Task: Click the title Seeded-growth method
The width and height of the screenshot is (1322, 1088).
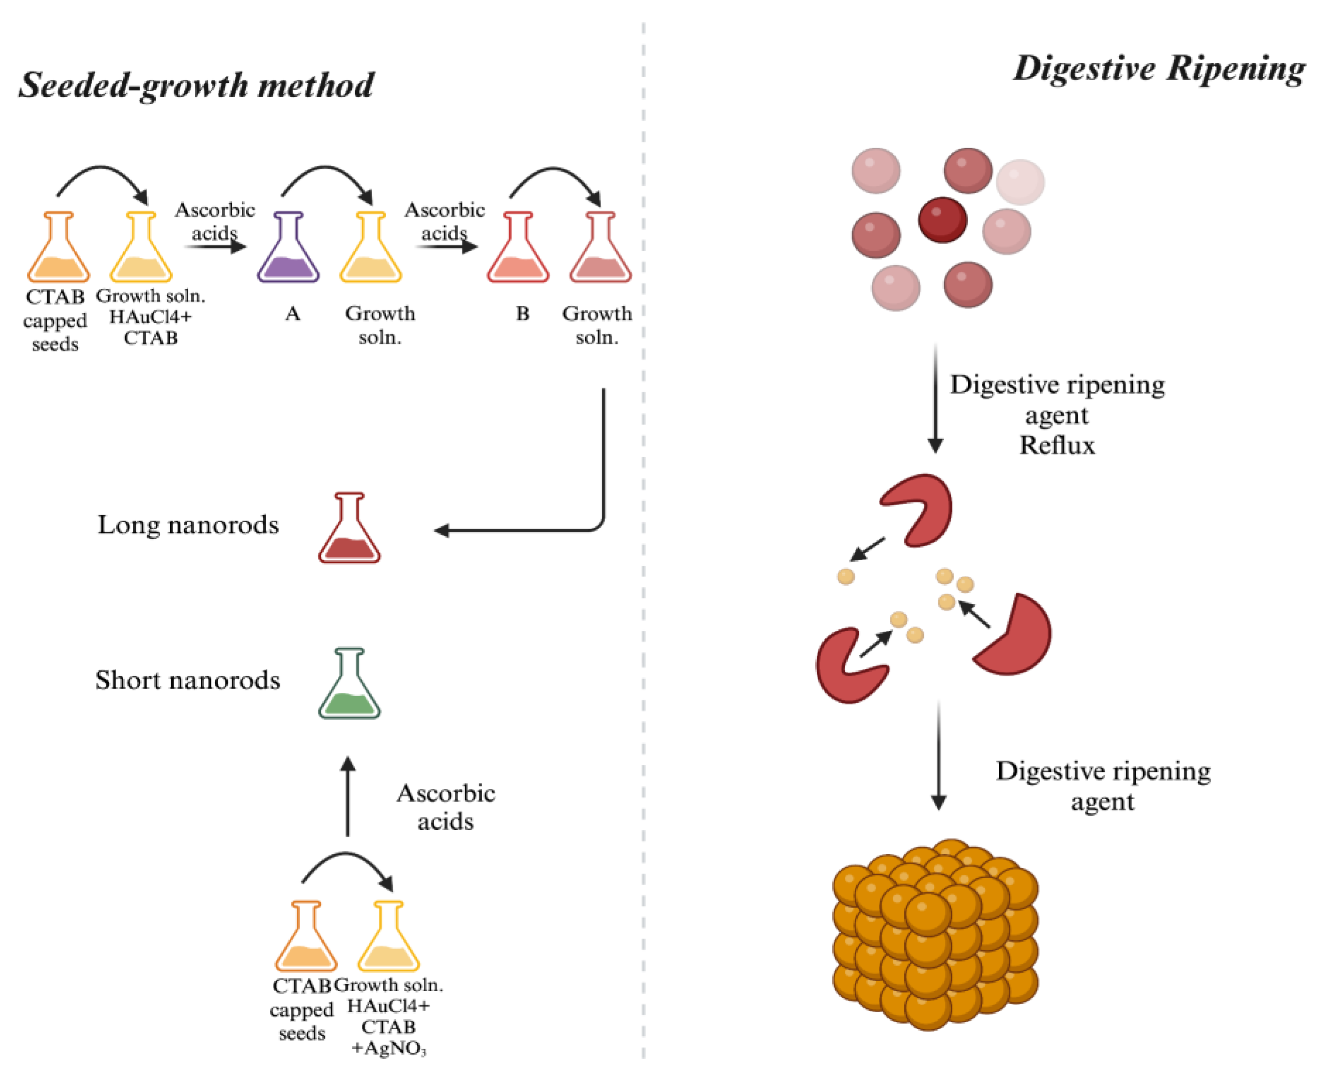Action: point(196,85)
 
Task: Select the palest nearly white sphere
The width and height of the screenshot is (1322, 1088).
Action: point(1020,182)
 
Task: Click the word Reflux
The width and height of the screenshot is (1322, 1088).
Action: point(1057,445)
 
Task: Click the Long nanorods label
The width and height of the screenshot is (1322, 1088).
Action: point(188,524)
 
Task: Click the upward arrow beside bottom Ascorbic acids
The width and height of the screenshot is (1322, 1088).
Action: point(348,796)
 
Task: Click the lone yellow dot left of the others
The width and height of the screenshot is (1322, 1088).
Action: point(845,576)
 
